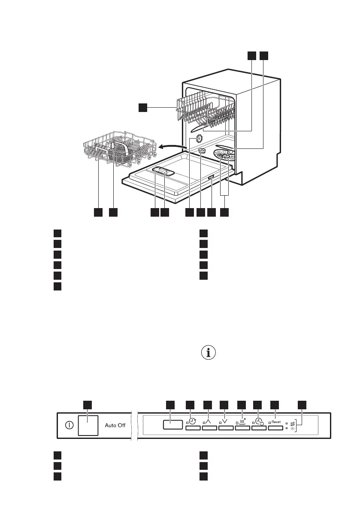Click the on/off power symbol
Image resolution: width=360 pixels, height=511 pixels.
click(69, 426)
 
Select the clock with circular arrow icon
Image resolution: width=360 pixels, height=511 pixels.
click(193, 421)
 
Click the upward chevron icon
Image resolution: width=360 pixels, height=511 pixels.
click(209, 421)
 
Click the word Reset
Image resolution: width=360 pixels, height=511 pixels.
click(276, 422)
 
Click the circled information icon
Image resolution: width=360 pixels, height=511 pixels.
click(209, 353)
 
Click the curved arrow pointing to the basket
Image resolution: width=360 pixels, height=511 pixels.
click(172, 147)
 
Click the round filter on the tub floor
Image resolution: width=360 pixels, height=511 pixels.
click(202, 150)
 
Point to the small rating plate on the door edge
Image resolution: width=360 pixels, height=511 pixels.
click(211, 178)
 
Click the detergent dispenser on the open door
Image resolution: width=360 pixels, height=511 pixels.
click(162, 171)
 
